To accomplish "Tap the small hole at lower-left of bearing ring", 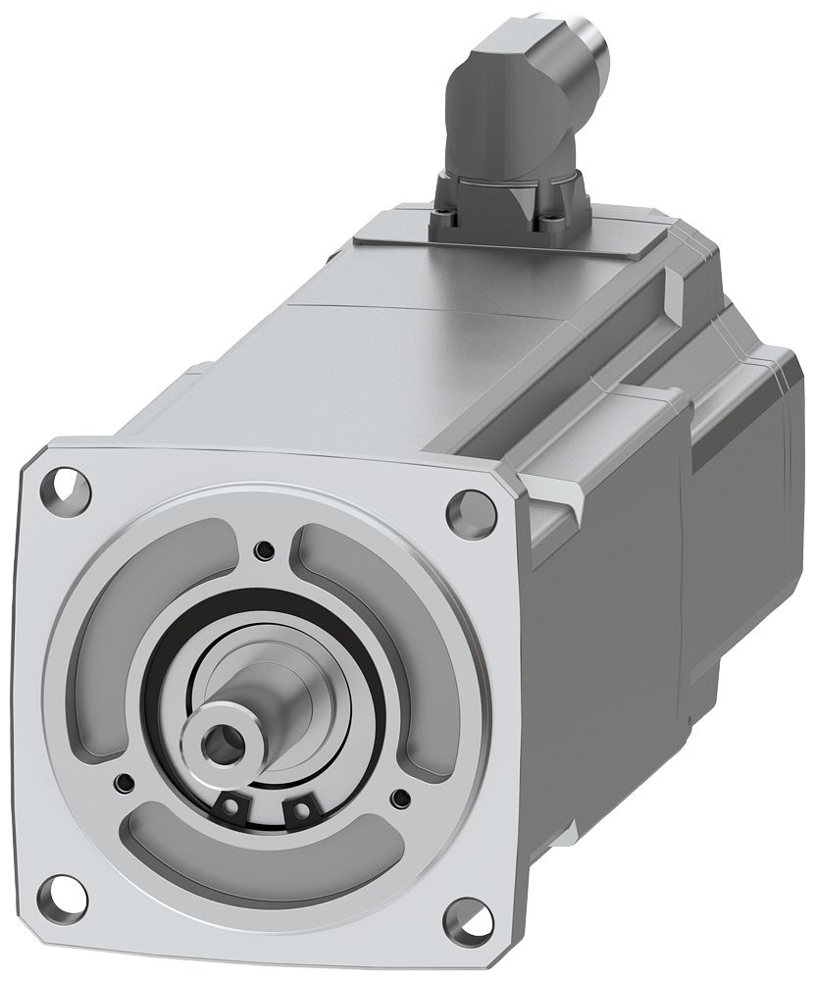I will [125, 781].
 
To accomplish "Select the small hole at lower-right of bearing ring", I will [399, 798].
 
